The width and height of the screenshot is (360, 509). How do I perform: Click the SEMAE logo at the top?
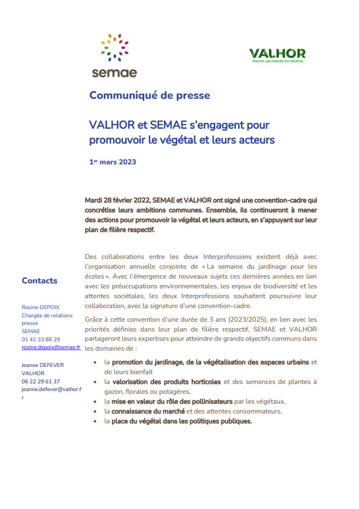(114, 56)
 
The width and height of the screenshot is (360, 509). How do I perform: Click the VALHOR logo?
(277, 54)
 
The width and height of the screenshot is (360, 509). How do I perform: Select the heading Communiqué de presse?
(149, 96)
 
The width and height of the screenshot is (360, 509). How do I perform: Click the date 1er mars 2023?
(113, 162)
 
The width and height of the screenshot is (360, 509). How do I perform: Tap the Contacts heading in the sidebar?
(39, 281)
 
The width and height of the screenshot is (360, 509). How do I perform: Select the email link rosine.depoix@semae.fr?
(51, 347)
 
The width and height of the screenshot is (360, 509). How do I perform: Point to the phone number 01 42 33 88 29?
(41, 339)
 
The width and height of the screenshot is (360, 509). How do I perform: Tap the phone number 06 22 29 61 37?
(41, 381)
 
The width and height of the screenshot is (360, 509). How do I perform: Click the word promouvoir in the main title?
(116, 140)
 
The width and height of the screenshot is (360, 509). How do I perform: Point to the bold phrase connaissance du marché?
(148, 411)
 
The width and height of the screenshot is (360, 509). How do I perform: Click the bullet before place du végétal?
(96, 422)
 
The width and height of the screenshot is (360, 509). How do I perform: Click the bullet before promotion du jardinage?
(96, 362)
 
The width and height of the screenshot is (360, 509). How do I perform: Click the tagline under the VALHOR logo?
(277, 61)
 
